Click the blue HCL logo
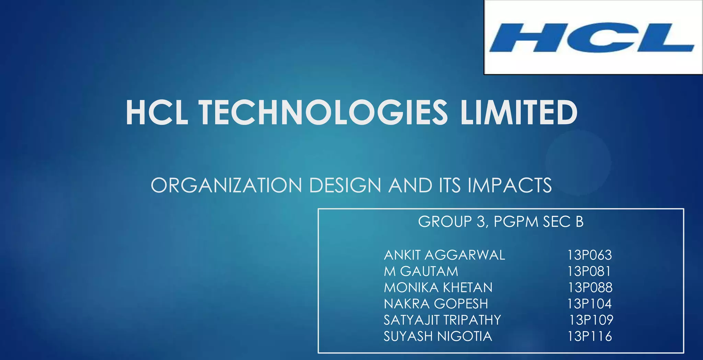[592, 37]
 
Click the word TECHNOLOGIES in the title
[323, 113]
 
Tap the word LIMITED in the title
[519, 113]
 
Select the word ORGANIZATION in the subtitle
[226, 185]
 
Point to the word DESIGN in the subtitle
[345, 185]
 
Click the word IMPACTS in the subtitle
[510, 185]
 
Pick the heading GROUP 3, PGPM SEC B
[501, 222]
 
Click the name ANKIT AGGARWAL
[444, 255]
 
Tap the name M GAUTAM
[421, 271]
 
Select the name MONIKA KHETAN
[438, 288]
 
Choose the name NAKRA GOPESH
[436, 304]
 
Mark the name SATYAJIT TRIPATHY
[442, 320]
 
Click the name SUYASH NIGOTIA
[438, 336]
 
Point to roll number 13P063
[589, 255]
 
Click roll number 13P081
[589, 271]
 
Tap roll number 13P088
[590, 288]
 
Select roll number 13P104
[589, 304]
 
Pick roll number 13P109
[591, 320]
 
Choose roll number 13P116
[589, 336]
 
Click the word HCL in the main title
[157, 113]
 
